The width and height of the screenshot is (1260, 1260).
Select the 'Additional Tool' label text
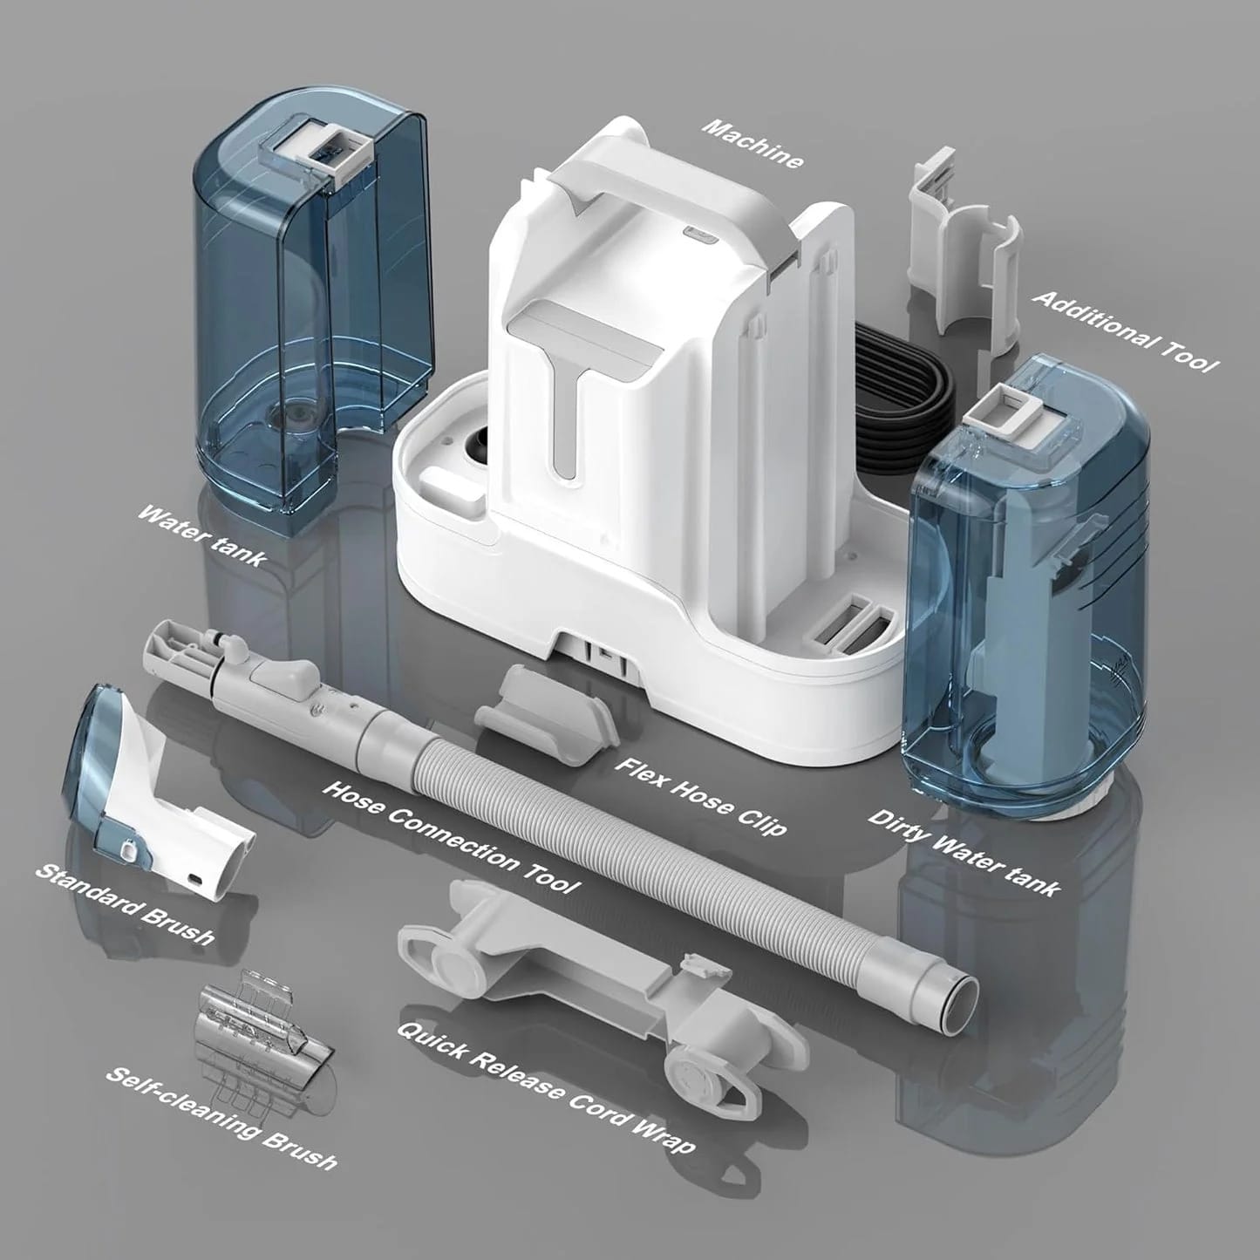click(x=1124, y=330)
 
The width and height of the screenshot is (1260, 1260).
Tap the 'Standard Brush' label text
click(x=124, y=903)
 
